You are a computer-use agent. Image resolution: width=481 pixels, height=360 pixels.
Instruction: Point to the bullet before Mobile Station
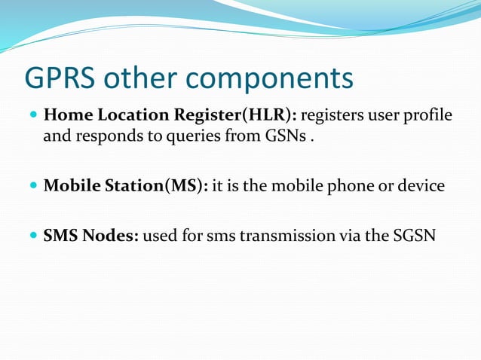[32, 186]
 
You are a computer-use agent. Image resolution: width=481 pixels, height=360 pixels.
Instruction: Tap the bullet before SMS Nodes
[32, 236]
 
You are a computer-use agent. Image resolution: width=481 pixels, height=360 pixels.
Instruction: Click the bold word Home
[66, 117]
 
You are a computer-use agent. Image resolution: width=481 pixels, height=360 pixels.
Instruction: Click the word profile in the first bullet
[428, 117]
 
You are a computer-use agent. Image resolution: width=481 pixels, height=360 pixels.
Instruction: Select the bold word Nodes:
[111, 236]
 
